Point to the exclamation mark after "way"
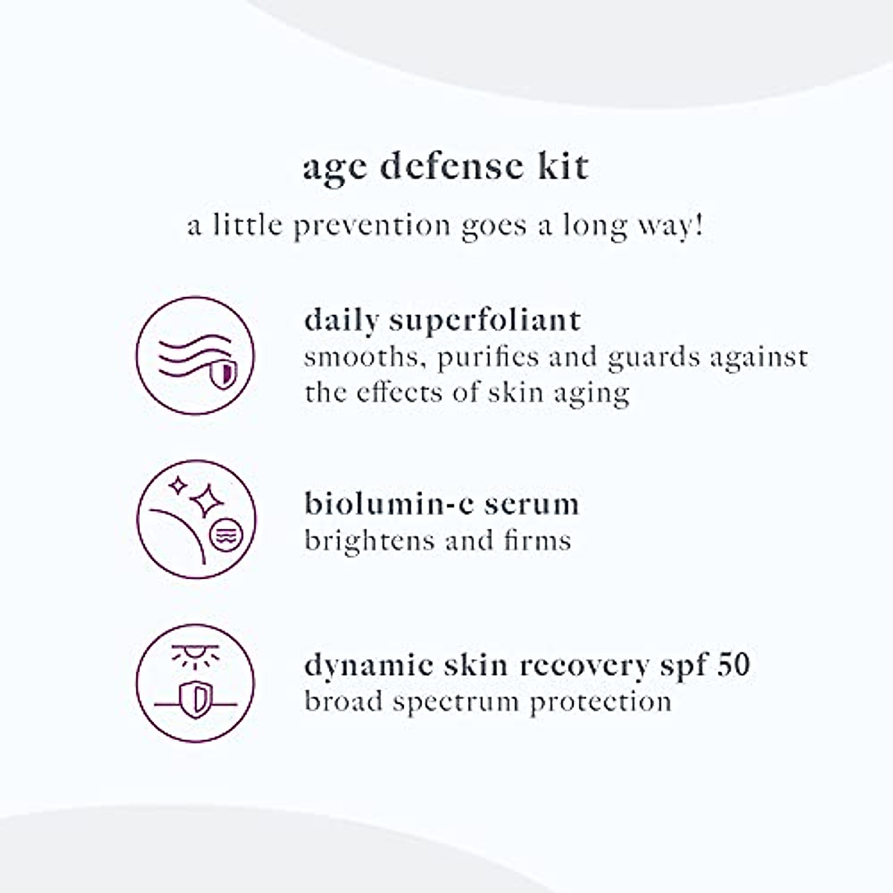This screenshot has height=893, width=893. [x=698, y=224]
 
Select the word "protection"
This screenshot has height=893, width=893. [x=601, y=701]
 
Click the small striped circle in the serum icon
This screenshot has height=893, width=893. [x=223, y=536]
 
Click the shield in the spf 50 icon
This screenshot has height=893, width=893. [x=196, y=699]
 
